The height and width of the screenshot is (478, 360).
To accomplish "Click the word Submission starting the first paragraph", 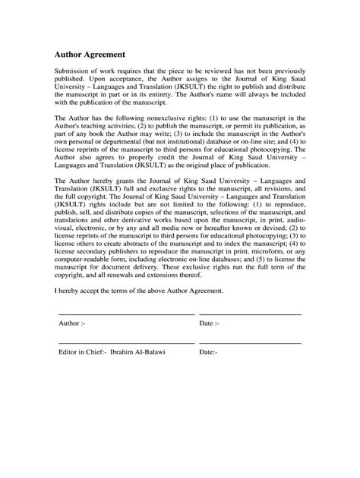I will pyautogui.click(x=74, y=70).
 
